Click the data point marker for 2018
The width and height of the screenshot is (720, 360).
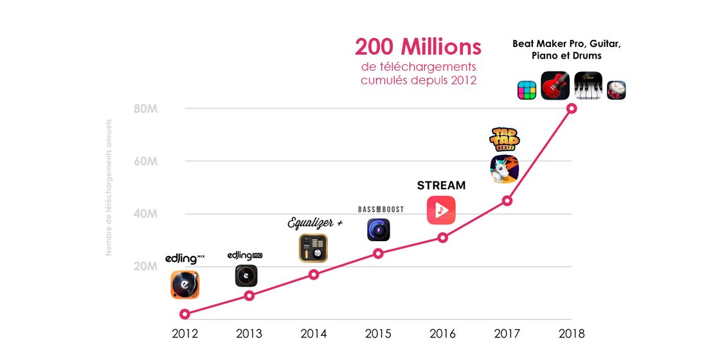[x=571, y=108]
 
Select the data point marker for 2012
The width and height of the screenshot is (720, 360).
[x=185, y=314]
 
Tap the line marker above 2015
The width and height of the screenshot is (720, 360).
[x=378, y=253]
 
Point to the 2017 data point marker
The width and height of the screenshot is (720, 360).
[x=507, y=201]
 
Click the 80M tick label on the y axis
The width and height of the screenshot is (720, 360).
[x=145, y=109]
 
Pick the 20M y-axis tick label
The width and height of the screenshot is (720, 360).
[x=145, y=267]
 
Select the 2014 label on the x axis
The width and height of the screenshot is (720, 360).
[x=314, y=334]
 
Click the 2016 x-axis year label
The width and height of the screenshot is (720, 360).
[x=442, y=334]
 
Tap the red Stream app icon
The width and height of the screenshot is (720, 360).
[x=441, y=210]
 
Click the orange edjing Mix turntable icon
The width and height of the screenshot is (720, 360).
[x=185, y=285]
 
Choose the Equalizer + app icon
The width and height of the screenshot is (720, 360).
[x=313, y=248]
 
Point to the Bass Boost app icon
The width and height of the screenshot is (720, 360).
[x=378, y=230]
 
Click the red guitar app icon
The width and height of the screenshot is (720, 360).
[x=555, y=85]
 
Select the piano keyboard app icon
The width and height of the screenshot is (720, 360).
[x=588, y=85]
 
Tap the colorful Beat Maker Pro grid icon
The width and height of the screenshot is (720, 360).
[x=527, y=90]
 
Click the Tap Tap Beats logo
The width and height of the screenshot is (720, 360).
[x=505, y=139]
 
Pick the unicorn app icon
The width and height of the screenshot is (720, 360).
[x=505, y=169]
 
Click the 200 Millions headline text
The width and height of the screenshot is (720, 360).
[x=418, y=47]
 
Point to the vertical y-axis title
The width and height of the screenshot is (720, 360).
[x=109, y=187]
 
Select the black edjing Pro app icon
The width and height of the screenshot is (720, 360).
[x=246, y=276]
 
